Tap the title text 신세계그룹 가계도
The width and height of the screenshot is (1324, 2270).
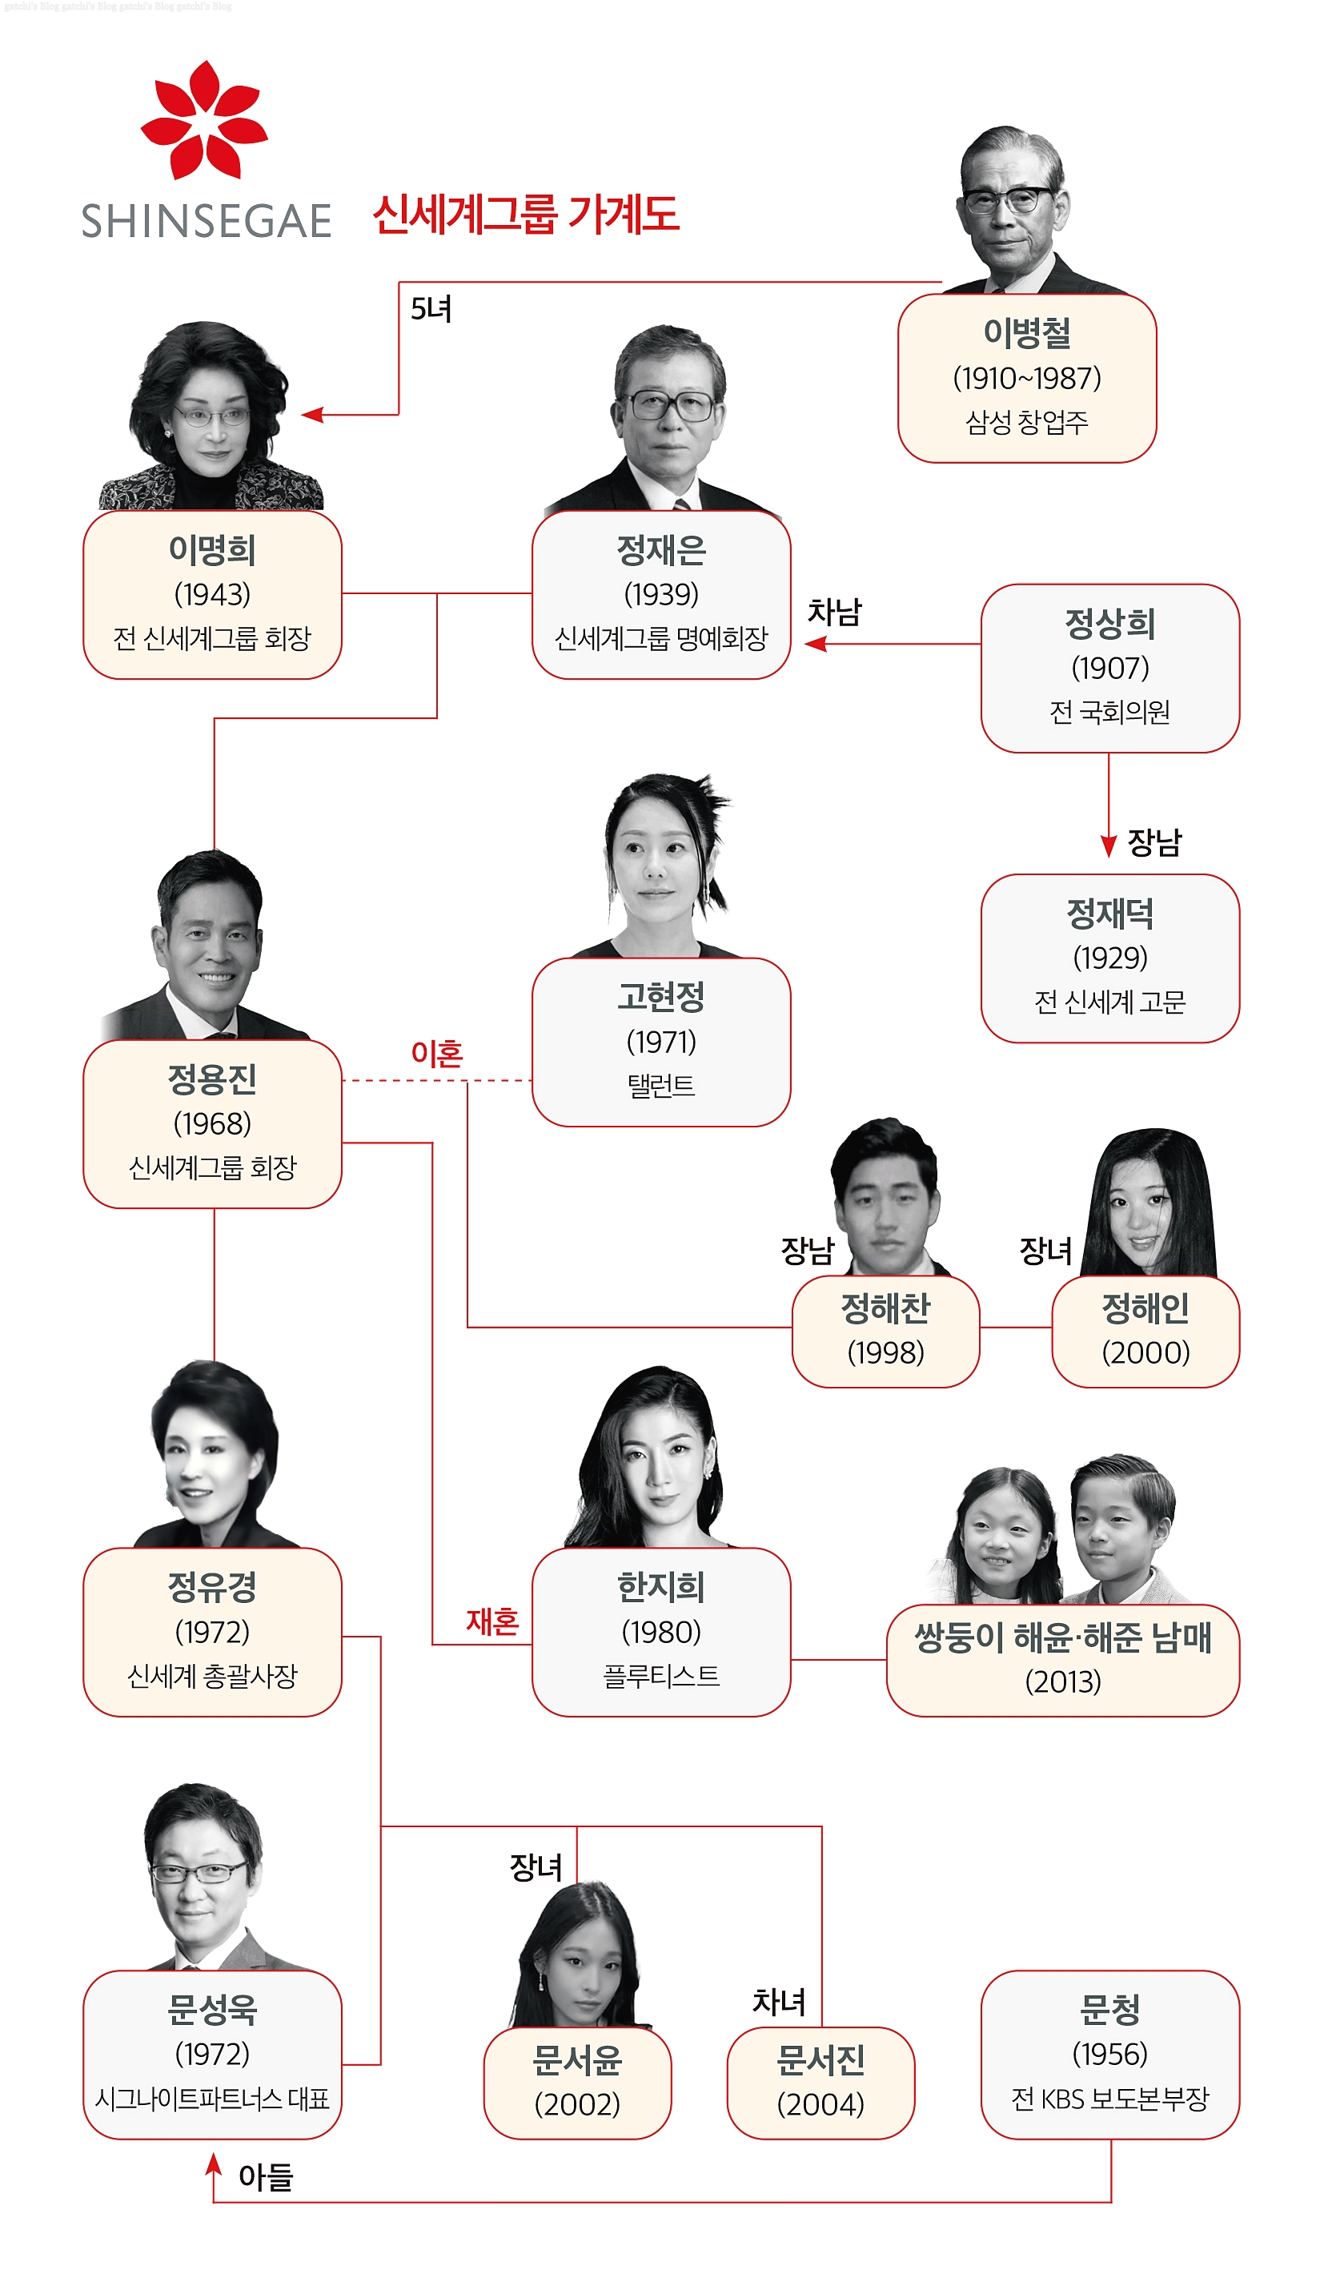point(525,215)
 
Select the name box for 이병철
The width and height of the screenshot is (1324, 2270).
point(1026,377)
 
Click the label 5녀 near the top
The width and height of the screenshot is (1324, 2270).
point(431,309)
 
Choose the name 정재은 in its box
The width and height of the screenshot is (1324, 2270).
point(660,550)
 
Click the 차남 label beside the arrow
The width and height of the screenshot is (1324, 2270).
point(833,612)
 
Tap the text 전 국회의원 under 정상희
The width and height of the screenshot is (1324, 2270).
point(1109,712)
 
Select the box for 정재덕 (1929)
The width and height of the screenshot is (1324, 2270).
point(1109,957)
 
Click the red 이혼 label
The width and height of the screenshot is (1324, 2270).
point(436,1052)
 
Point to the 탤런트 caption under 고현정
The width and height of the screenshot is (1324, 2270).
point(660,1086)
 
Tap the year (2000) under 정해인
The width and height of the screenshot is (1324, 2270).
point(1145,1352)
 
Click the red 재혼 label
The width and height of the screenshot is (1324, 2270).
point(491,1621)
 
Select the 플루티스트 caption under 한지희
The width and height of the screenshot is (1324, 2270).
point(660,1675)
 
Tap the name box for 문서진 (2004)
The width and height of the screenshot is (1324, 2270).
point(820,2081)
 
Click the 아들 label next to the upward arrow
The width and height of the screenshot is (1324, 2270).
point(266,2176)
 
